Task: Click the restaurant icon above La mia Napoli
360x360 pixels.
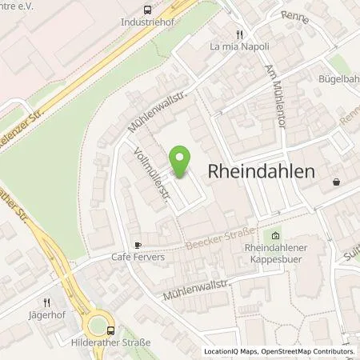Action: coord(238,34)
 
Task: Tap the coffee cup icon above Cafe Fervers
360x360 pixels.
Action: coord(138,246)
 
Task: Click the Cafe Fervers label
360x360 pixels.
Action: coord(137,258)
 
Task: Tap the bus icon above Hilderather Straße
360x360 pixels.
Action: coord(110,329)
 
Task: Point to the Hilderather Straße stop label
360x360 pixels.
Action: coord(110,342)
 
